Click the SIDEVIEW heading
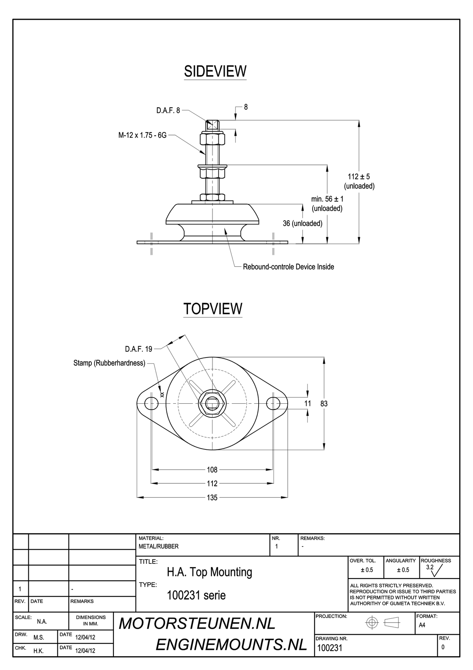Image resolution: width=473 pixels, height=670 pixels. (x=215, y=71)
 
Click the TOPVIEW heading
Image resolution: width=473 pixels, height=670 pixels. (x=213, y=309)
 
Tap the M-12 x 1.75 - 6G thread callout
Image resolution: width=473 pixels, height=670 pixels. (x=142, y=135)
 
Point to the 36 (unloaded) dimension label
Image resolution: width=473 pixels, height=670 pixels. (x=302, y=223)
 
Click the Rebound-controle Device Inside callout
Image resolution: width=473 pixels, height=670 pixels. (x=288, y=267)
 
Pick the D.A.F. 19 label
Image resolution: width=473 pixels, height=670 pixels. (x=138, y=349)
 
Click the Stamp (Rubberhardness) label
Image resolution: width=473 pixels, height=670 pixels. (x=109, y=363)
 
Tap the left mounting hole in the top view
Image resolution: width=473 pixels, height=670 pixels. (x=151, y=404)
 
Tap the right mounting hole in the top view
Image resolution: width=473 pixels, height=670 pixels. (x=273, y=404)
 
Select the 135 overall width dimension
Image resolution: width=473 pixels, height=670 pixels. (x=212, y=498)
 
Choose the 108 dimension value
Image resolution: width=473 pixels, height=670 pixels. (x=212, y=470)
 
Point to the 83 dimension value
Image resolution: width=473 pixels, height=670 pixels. (x=324, y=404)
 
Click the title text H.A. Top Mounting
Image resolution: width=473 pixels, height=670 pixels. (x=209, y=572)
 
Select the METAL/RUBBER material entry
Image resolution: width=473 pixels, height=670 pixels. (x=158, y=546)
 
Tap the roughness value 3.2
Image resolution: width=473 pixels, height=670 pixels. (x=430, y=567)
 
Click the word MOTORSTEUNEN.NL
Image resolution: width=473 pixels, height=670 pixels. (x=197, y=623)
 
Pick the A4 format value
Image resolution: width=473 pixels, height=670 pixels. (x=422, y=625)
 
